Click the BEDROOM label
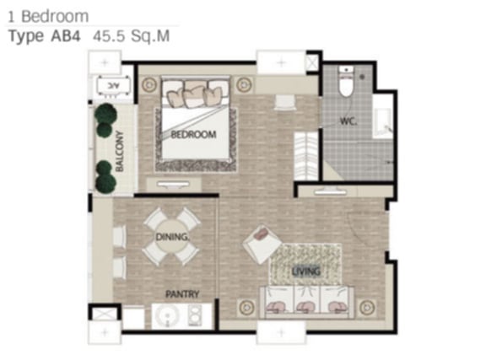[193, 134]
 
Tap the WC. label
[348, 121]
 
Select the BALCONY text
[119, 151]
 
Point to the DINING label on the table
[172, 237]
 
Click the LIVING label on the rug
[306, 271]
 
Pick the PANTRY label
[182, 293]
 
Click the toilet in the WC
[346, 82]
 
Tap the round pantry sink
[167, 316]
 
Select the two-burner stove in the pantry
[195, 315]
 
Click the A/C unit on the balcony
[113, 84]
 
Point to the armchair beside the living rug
[262, 244]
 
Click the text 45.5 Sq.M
[132, 36]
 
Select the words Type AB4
[45, 36]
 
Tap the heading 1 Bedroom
[48, 16]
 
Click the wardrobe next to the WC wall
[306, 156]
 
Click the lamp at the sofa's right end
[368, 308]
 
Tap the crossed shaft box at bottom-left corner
[105, 314]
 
